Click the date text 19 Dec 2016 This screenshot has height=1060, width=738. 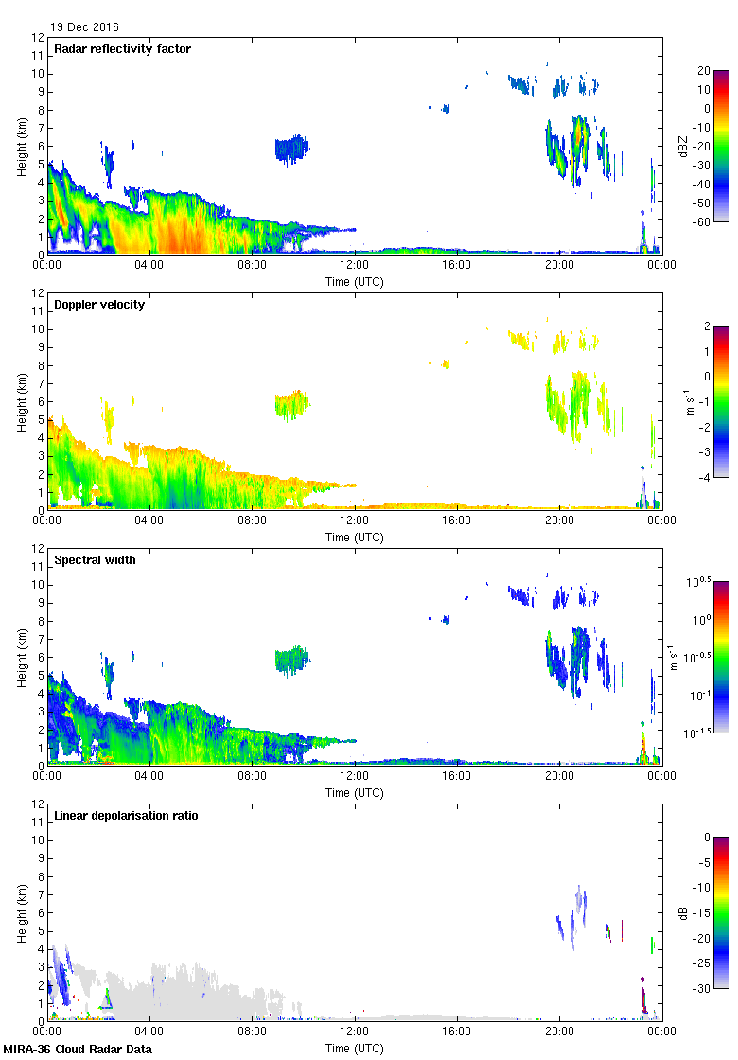pos(85,27)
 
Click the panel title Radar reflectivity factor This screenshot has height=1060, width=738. pos(123,49)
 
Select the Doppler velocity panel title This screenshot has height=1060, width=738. pos(99,305)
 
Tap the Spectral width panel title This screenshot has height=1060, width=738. pos(96,560)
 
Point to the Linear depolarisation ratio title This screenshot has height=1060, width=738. pos(126,816)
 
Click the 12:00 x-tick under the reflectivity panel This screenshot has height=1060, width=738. pos(354,266)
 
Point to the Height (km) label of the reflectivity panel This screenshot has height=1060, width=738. pos(21,146)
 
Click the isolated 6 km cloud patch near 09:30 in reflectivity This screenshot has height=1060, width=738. pos(291,148)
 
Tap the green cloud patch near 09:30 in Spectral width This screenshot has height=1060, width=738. pos(291,659)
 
